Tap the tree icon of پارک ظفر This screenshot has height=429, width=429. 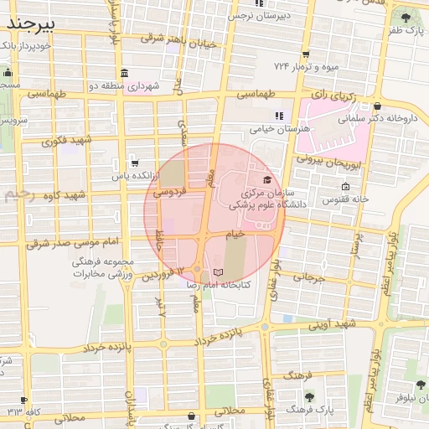pos(406,17)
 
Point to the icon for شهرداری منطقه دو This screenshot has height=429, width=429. pos(124,73)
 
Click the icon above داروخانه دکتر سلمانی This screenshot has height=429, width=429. pos(380,106)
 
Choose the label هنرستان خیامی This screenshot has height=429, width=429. pos(280,129)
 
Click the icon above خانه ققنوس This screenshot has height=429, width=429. pos(345,186)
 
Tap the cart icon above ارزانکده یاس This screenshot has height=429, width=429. pos(134,163)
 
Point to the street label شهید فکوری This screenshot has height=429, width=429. pos(62,141)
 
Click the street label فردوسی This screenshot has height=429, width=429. pos(168,193)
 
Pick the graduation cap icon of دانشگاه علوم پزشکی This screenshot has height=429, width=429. pos(267,179)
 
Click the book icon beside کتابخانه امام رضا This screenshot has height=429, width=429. pos(219,273)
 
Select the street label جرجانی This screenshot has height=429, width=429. pos(308,277)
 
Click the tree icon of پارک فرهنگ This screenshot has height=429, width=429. pos(309,395)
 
